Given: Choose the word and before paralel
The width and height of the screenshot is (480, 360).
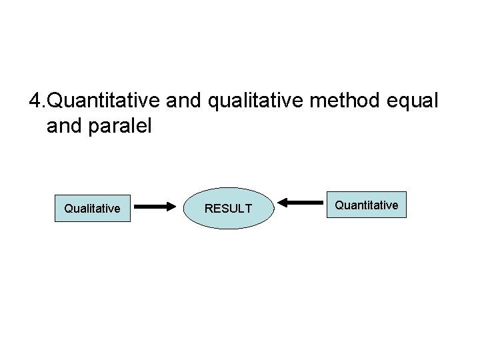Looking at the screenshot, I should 65,126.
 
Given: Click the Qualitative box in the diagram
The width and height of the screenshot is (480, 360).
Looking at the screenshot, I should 92,208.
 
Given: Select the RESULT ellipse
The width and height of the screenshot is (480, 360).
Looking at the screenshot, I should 228,208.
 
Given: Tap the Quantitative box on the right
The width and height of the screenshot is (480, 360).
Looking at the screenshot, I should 367,205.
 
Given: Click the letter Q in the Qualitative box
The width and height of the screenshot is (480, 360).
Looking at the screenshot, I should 68,209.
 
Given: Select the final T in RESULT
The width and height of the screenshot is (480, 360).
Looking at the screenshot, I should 249,209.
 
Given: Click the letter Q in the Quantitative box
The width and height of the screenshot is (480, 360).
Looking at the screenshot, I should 339,205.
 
